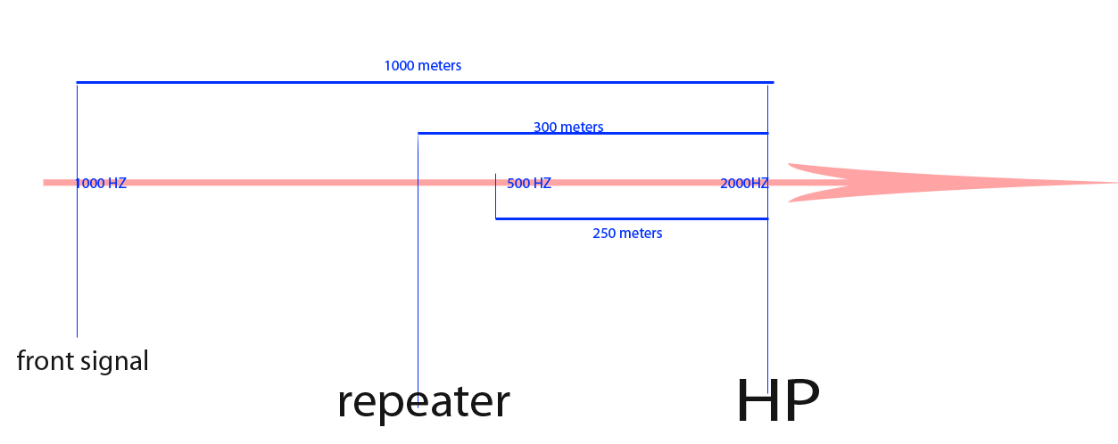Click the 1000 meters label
[422, 66]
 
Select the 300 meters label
[568, 127]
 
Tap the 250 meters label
[627, 234]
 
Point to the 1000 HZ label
[101, 184]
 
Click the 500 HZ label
[529, 184]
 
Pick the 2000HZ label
[744, 184]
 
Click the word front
[46, 361]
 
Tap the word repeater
[423, 401]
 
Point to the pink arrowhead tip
[1114, 183]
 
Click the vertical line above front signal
[77, 267]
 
